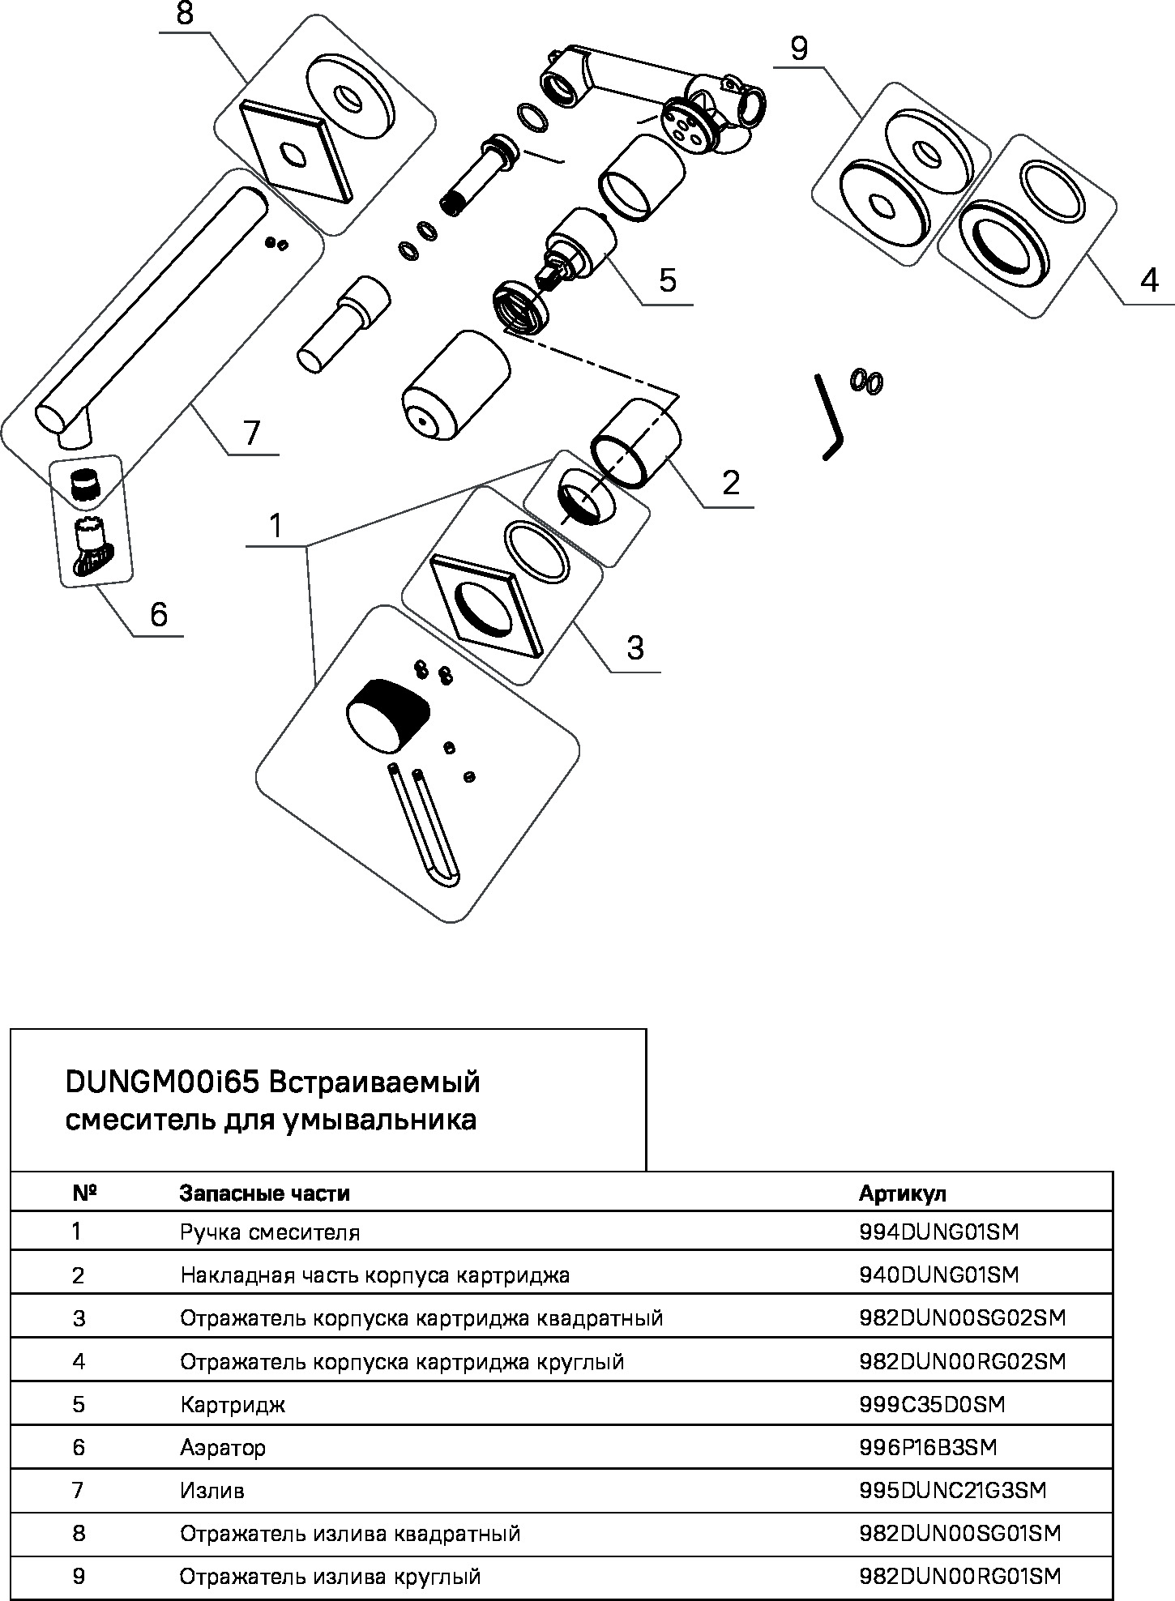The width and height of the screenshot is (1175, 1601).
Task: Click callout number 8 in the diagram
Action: pyautogui.click(x=186, y=15)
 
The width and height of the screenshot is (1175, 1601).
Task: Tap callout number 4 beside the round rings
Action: pyautogui.click(x=1149, y=281)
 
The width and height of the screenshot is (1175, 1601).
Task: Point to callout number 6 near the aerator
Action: pyautogui.click(x=159, y=615)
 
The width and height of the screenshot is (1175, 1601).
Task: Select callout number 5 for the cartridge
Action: pyautogui.click(x=667, y=280)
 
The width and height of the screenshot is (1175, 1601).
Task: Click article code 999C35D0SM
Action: pyautogui.click(x=932, y=1404)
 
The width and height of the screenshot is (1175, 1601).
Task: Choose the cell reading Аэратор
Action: pyautogui.click(x=223, y=1447)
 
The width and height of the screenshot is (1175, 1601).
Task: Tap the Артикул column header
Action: pyautogui.click(x=902, y=1193)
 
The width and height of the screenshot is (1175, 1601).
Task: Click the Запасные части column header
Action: pyautogui.click(x=265, y=1193)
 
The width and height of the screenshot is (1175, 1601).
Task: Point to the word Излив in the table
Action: pyautogui.click(x=212, y=1490)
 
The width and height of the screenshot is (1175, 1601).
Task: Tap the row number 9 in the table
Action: pyautogui.click(x=79, y=1577)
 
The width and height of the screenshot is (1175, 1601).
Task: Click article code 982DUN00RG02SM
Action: pyautogui.click(x=962, y=1361)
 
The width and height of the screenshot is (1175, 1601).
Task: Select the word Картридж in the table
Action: pyautogui.click(x=233, y=1404)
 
